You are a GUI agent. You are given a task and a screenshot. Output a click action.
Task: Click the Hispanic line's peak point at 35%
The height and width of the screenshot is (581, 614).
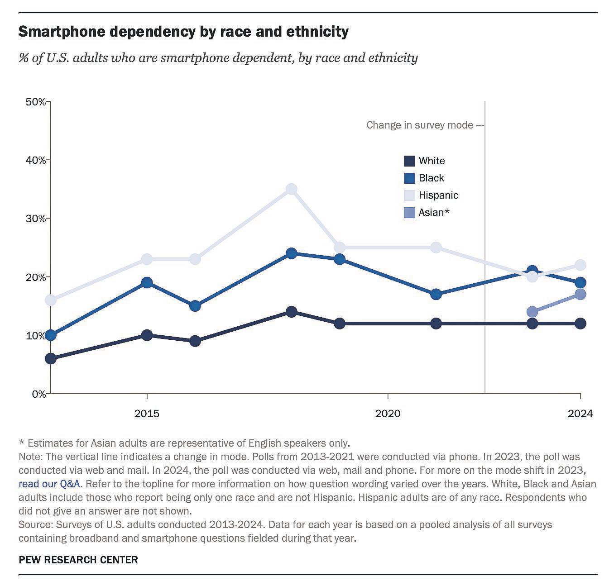pyautogui.click(x=292, y=189)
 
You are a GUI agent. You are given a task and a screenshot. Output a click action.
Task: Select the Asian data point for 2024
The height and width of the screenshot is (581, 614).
pyautogui.click(x=580, y=294)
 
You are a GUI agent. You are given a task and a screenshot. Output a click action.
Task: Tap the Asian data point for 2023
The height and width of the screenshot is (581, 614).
pyautogui.click(x=532, y=312)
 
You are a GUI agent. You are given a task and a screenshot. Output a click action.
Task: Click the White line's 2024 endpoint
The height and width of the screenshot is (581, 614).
pyautogui.click(x=580, y=324)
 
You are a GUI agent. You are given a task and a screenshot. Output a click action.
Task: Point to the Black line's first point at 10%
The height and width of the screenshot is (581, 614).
pyautogui.click(x=51, y=335)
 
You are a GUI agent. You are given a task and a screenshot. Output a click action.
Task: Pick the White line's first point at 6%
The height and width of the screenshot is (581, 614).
pyautogui.click(x=51, y=359)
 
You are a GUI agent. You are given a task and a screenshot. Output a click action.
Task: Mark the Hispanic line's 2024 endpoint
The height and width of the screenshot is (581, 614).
pyautogui.click(x=580, y=265)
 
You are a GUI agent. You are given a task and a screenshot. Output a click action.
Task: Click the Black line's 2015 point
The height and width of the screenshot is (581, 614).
pyautogui.click(x=147, y=283)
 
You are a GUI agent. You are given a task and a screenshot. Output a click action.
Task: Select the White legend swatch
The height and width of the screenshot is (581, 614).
pyautogui.click(x=409, y=161)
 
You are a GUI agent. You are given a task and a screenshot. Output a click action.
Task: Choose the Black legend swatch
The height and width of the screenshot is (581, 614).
pyautogui.click(x=409, y=178)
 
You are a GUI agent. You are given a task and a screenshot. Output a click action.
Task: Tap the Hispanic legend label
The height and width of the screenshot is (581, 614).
pyautogui.click(x=438, y=195)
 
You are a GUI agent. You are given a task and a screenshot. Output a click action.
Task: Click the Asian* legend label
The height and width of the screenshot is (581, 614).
pyautogui.click(x=434, y=213)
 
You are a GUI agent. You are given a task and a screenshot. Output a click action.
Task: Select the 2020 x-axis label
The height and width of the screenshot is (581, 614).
pyautogui.click(x=388, y=414)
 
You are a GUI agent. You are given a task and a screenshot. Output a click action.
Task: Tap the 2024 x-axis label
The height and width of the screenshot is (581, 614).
pyautogui.click(x=580, y=414)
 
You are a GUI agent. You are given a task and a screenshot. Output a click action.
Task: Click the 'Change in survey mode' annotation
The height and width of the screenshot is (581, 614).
pyautogui.click(x=419, y=125)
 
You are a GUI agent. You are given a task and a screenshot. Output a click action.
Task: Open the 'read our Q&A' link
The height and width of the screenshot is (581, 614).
pyautogui.click(x=50, y=484)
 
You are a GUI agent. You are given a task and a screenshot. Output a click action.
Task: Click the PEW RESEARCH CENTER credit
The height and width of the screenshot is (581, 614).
pyautogui.click(x=78, y=560)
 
